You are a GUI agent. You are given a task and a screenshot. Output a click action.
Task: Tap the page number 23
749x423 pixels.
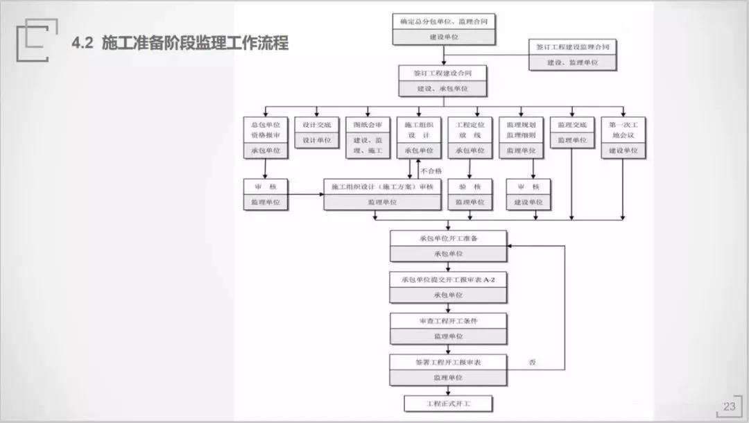(729, 406)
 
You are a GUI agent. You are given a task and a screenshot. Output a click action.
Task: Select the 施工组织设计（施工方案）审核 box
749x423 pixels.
(382, 194)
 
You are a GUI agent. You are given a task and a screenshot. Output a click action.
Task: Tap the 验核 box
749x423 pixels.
(469, 194)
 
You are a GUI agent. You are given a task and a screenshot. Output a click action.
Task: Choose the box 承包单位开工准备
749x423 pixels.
(448, 245)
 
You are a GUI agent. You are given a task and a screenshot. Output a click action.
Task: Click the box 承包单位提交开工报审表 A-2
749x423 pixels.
(448, 286)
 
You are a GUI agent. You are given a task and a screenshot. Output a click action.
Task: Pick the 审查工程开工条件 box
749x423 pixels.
(448, 328)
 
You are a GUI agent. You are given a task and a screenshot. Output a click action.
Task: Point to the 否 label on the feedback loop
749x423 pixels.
(532, 362)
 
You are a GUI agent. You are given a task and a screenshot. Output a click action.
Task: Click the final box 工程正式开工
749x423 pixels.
(448, 403)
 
